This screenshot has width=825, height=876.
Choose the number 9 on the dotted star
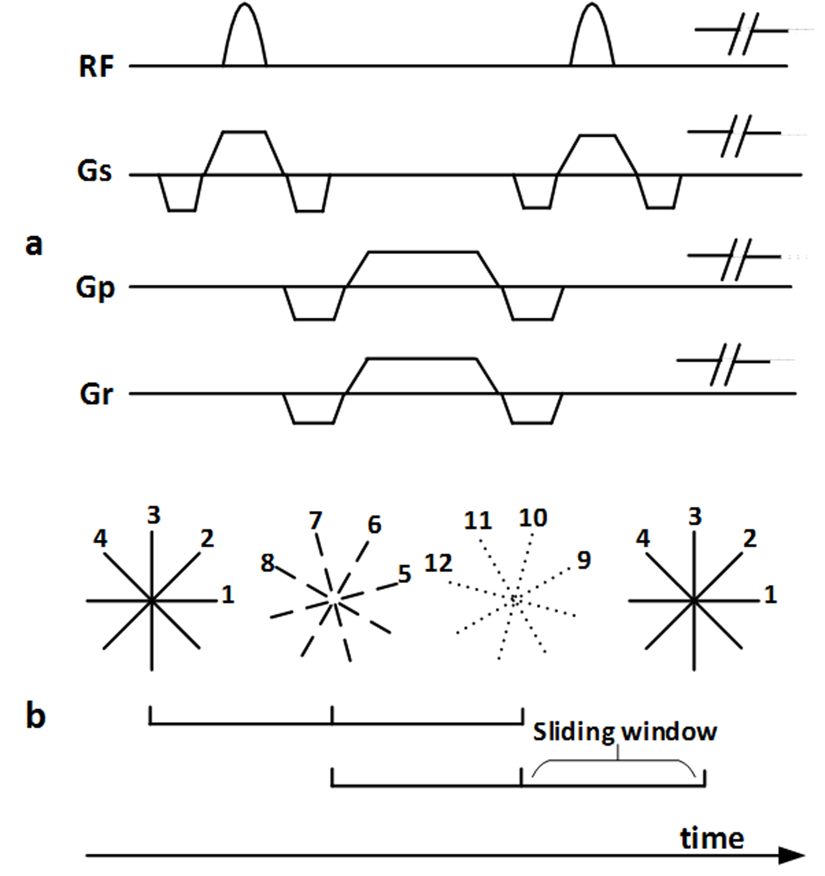584,561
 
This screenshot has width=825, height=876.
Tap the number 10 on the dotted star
533,518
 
